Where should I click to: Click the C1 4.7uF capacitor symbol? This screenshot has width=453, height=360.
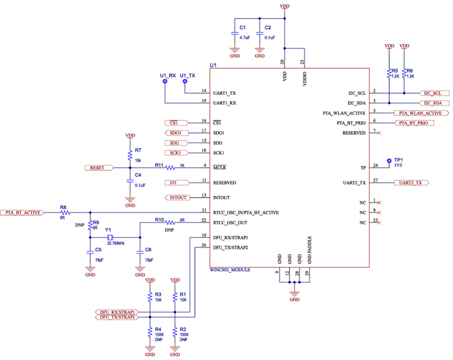click(x=234, y=33)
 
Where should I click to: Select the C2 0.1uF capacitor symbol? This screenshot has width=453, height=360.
click(x=260, y=33)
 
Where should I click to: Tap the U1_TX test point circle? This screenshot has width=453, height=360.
click(x=185, y=82)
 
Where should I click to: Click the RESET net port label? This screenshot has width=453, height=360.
click(x=99, y=168)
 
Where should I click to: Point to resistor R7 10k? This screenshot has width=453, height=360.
click(x=130, y=156)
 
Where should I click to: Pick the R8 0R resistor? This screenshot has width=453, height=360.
click(x=63, y=212)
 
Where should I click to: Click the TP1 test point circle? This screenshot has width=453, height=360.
click(x=389, y=160)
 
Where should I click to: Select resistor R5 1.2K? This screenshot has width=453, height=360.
click(x=389, y=73)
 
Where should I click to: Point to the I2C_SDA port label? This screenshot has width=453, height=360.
click(x=433, y=103)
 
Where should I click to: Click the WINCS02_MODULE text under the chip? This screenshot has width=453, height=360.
click(x=230, y=270)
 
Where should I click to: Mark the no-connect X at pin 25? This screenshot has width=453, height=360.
click(x=379, y=222)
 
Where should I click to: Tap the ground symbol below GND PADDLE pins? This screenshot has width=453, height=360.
click(x=294, y=294)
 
